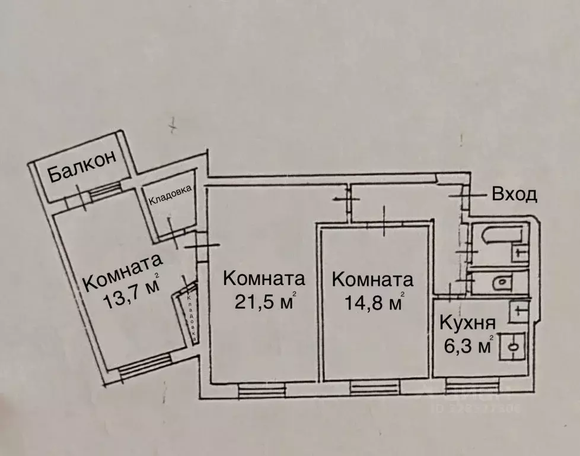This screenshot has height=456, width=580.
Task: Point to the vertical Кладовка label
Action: [191, 318]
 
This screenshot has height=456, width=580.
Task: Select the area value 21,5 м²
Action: [264, 302]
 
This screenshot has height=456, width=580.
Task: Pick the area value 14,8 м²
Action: [374, 303]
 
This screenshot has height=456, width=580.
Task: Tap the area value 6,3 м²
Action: [466, 344]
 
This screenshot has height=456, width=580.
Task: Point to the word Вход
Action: [514, 194]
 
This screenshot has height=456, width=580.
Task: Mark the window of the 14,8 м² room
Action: [374, 389]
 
